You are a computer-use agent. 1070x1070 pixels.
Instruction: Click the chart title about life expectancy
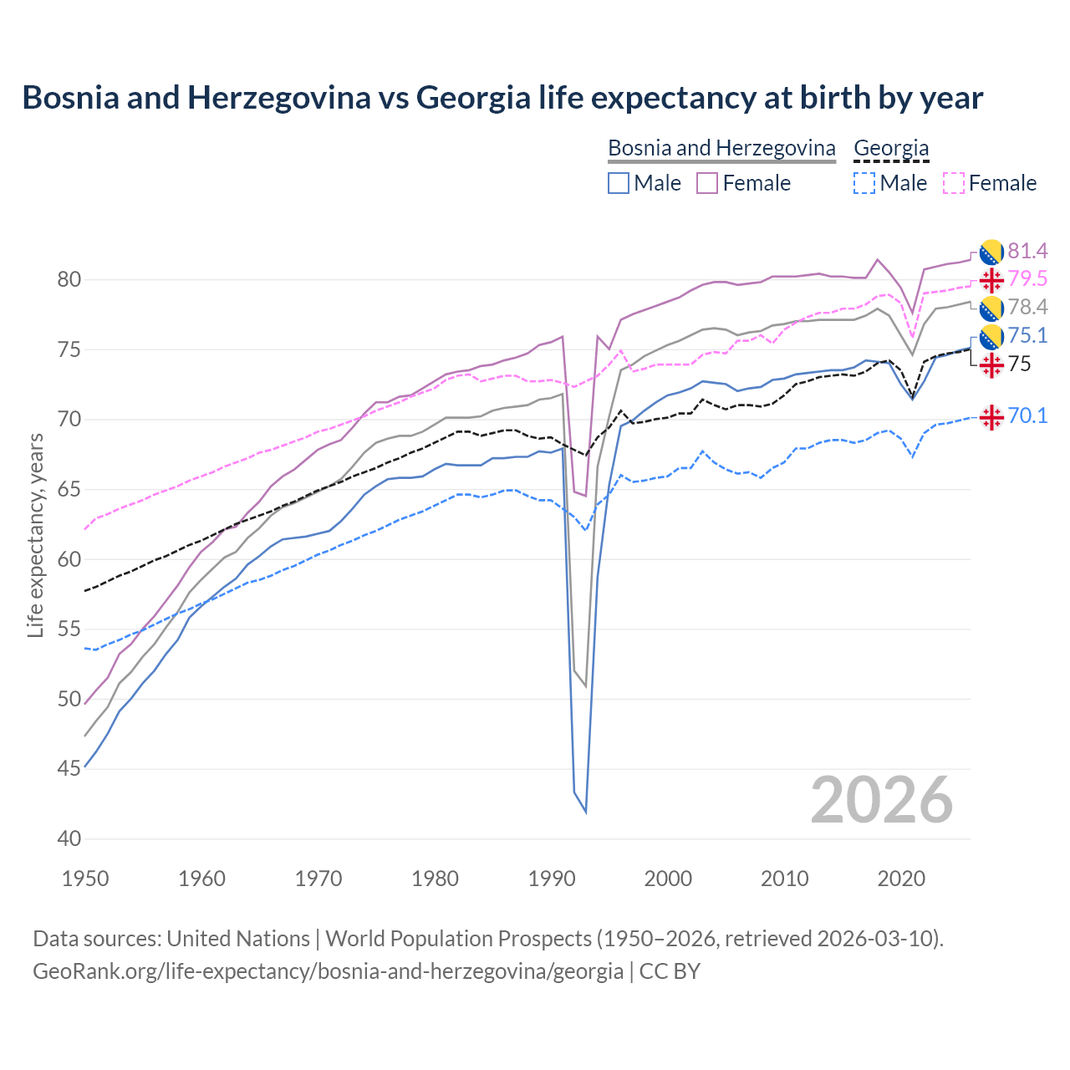pyautogui.click(x=502, y=98)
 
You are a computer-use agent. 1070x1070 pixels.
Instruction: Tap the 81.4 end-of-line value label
pyautogui.click(x=1027, y=251)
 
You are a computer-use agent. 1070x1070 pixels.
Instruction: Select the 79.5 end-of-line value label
pyautogui.click(x=1027, y=279)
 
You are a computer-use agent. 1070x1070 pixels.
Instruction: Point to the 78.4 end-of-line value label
pyautogui.click(x=1027, y=308)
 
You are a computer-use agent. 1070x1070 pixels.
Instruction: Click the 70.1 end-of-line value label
pyautogui.click(x=1027, y=415)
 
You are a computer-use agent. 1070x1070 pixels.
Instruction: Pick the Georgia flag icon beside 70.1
pyautogui.click(x=991, y=416)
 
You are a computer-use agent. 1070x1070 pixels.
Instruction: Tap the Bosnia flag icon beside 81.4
pyautogui.click(x=991, y=251)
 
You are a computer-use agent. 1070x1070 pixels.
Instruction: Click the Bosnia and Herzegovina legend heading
pyautogui.click(x=721, y=148)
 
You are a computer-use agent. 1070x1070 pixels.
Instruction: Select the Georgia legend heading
pyautogui.click(x=891, y=148)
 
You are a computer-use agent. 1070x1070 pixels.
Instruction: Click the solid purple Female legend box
pyautogui.click(x=707, y=183)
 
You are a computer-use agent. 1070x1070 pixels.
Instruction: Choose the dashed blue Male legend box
pyautogui.click(x=864, y=183)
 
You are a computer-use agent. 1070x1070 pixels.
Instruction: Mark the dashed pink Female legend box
pyautogui.click(x=954, y=183)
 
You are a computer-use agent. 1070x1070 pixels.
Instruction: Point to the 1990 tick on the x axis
pyautogui.click(x=552, y=879)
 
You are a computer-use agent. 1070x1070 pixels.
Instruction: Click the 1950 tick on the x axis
pyautogui.click(x=85, y=879)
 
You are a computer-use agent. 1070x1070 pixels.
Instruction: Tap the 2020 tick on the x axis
pyautogui.click(x=901, y=879)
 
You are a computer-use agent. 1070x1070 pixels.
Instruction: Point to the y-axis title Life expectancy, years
pyautogui.click(x=35, y=535)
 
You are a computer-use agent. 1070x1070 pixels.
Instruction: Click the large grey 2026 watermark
pyautogui.click(x=881, y=801)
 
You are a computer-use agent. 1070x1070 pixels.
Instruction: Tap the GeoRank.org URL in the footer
pyautogui.click(x=328, y=971)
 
